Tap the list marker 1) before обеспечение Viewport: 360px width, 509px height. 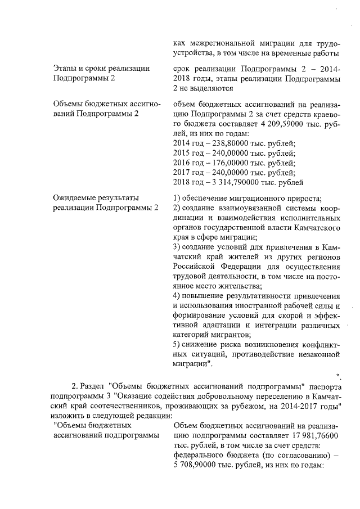click(177, 197)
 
